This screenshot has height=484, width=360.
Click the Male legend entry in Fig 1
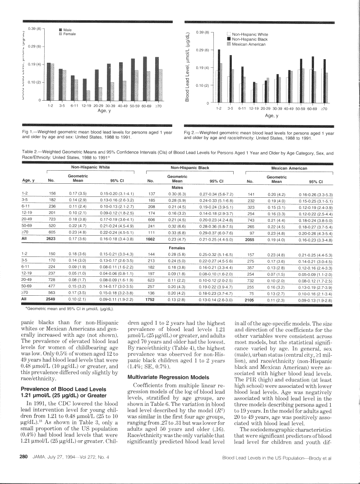pyautogui.click(x=68, y=30)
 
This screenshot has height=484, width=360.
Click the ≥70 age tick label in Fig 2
pyautogui.click(x=323, y=109)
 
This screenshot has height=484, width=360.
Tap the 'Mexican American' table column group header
pyautogui.click(x=289, y=168)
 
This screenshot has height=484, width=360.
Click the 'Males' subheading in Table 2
pyautogui.click(x=177, y=186)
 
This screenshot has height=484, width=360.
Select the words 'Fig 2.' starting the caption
pyautogui.click(x=191, y=133)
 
